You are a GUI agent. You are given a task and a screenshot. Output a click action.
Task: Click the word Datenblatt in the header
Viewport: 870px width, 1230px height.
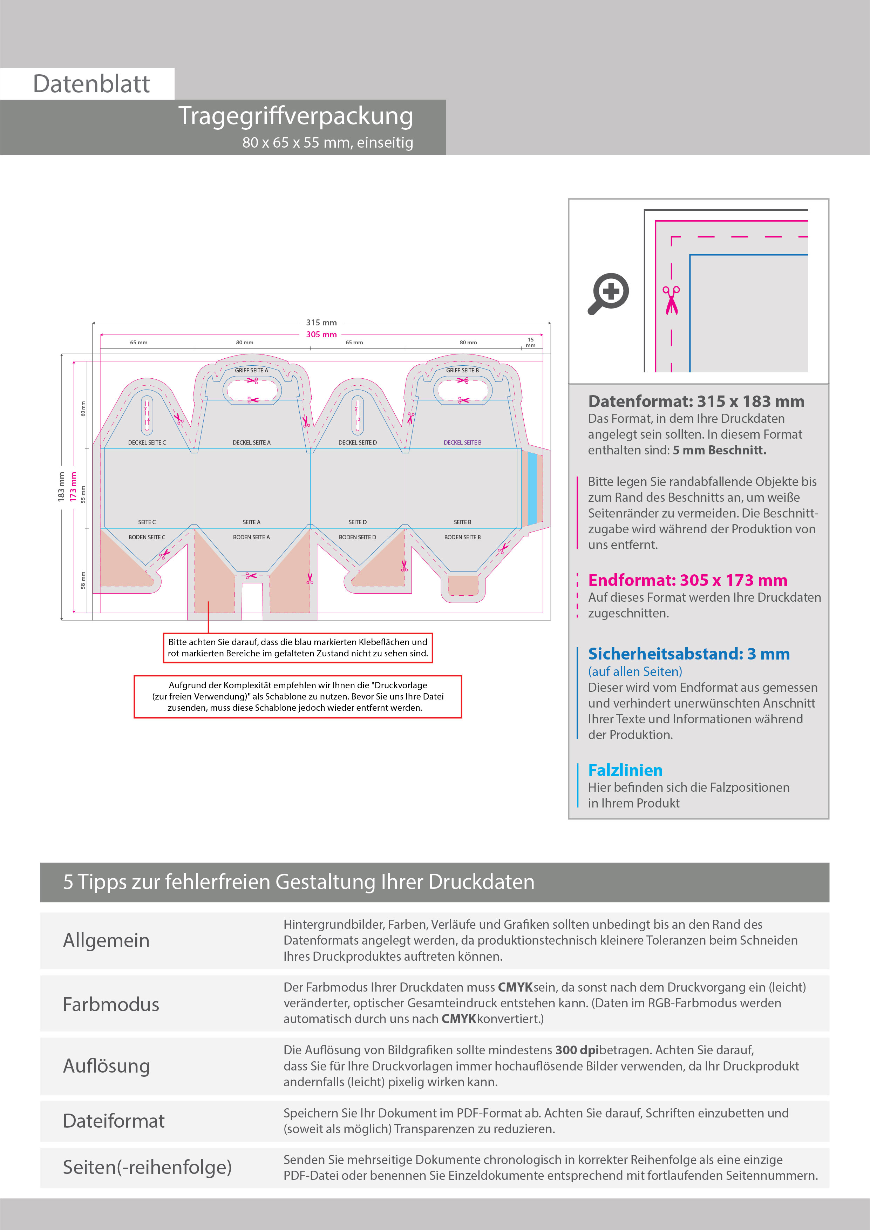point(91,84)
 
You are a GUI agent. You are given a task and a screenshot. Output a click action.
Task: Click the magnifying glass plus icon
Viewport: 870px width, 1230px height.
point(609,293)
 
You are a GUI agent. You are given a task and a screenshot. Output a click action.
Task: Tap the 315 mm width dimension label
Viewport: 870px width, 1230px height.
point(321,323)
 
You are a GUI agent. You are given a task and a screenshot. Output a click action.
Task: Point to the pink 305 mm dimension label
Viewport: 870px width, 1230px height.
point(321,334)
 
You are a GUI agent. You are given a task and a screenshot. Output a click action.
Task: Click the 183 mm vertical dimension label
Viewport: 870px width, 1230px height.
point(61,486)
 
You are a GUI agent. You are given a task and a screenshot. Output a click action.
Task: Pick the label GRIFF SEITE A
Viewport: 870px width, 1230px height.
point(251,370)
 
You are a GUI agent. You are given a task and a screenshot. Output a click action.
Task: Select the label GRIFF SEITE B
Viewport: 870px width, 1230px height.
point(462,370)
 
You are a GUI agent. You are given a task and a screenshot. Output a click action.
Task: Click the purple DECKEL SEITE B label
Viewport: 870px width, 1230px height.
point(462,442)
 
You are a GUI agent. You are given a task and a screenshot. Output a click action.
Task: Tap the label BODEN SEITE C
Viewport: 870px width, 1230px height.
point(147,537)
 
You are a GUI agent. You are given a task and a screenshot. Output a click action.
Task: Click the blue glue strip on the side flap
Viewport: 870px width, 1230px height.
point(532,488)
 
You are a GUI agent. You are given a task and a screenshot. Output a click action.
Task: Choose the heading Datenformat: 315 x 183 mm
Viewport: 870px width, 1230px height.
point(696,401)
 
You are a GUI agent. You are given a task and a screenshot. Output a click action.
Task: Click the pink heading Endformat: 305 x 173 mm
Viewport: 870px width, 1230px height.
point(687,580)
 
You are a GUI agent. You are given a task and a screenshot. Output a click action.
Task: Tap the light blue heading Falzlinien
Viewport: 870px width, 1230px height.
point(625,770)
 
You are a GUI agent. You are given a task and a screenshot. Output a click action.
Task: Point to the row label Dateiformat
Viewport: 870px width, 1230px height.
point(114,1121)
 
